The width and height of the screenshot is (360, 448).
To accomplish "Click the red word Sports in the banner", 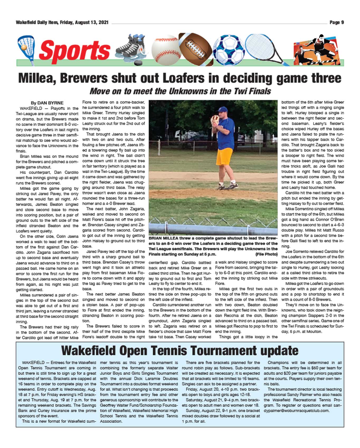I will (75, 51).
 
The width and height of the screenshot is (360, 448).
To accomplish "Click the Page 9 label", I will (337, 23).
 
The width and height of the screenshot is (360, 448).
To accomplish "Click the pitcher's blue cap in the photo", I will (223, 109).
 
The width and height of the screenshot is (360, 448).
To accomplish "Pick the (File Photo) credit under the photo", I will (267, 254).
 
